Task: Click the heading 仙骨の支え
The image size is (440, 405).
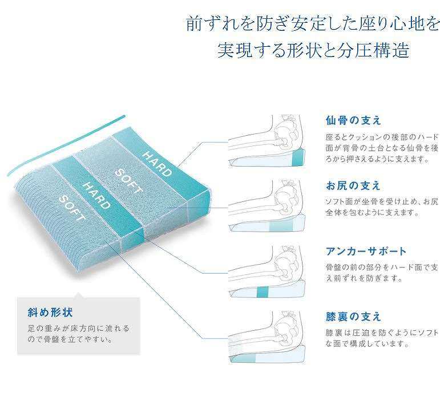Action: pyautogui.click(x=353, y=120)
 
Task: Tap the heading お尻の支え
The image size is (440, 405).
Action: pyautogui.click(x=353, y=185)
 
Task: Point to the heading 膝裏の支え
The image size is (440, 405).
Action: pyautogui.click(x=353, y=317)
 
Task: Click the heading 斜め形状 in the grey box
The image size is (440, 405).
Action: pyautogui.click(x=50, y=313)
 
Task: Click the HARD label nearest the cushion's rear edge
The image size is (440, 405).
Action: pyautogui.click(x=157, y=164)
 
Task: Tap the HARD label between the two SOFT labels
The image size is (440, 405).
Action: pyautogui.click(x=96, y=196)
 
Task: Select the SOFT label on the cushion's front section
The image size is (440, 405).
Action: pyautogui.click(x=72, y=208)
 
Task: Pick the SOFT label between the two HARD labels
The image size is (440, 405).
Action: pyautogui.click(x=128, y=181)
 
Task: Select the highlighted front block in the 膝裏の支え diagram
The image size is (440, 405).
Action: pyautogui.click(x=243, y=358)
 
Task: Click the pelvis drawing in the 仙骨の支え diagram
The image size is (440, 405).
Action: pyautogui.click(x=286, y=135)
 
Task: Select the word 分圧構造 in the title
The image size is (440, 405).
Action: pyautogui.click(x=373, y=51)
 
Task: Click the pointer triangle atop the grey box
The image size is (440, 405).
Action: pyautogui.click(x=79, y=295)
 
